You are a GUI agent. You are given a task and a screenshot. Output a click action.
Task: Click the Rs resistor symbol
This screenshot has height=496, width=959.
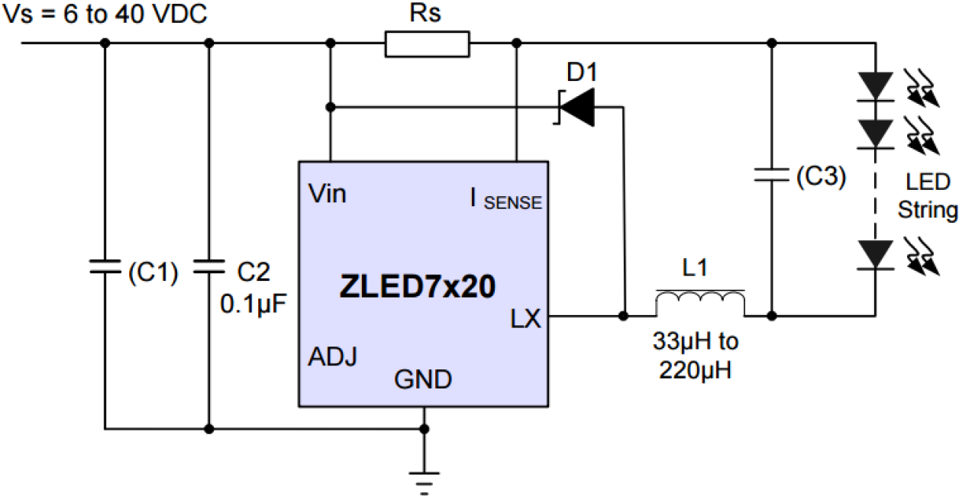click(427, 44)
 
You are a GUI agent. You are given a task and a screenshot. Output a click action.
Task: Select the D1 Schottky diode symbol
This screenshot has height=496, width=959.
click(576, 107)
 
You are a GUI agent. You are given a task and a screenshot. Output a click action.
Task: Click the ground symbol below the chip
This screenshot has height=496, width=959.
click(425, 478)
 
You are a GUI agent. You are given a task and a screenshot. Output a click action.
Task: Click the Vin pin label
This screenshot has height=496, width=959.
click(328, 194)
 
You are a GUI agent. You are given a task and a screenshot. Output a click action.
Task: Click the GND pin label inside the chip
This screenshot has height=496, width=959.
click(423, 378)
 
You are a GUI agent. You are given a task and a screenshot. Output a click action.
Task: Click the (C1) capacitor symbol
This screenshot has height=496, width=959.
click(105, 266)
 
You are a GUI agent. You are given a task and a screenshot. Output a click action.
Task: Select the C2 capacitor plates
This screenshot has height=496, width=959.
click(208, 266)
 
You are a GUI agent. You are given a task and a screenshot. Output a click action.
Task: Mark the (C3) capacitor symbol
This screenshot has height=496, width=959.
click(771, 176)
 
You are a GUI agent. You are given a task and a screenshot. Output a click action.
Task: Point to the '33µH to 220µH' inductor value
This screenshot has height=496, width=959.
click(696, 356)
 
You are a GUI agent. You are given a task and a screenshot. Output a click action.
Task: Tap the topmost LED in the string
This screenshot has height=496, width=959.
click(875, 85)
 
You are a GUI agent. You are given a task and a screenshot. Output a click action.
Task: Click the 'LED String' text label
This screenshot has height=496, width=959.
click(927, 196)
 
